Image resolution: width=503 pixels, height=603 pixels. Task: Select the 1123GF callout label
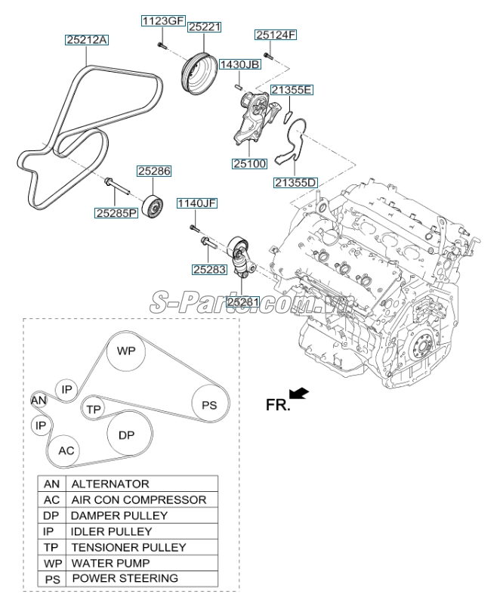click(162, 20)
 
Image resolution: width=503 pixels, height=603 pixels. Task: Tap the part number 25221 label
click(204, 26)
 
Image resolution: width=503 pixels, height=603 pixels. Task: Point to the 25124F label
click(275, 34)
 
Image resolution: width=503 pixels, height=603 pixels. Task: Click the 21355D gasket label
click(295, 182)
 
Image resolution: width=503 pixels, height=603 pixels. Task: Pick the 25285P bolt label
click(116, 213)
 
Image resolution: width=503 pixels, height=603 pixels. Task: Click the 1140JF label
click(196, 203)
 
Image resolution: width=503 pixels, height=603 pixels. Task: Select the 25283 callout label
click(208, 268)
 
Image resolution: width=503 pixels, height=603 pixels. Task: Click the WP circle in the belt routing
click(125, 351)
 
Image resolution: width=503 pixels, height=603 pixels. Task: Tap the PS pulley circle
click(209, 405)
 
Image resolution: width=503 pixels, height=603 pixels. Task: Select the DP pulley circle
click(126, 436)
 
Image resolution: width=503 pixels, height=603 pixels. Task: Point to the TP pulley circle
click(94, 408)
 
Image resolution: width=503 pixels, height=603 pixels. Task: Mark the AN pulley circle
click(39, 400)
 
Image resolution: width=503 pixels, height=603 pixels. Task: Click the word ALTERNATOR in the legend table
click(110, 484)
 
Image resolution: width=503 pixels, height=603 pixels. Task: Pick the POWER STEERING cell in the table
click(125, 579)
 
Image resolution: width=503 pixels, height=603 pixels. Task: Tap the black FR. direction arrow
click(299, 392)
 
